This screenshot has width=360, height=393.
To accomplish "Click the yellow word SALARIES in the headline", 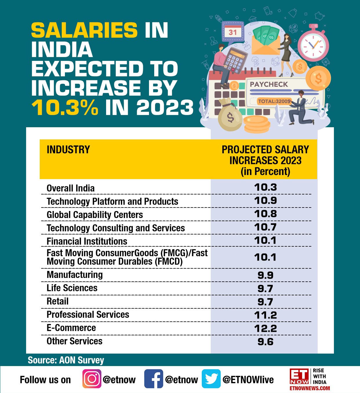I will pyautogui.click(x=84, y=30).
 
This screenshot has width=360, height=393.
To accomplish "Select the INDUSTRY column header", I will pyautogui.click(x=68, y=150).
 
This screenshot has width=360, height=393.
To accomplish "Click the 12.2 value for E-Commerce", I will pyautogui.click(x=265, y=328).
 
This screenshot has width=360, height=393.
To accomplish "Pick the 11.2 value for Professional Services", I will pyautogui.click(x=265, y=315).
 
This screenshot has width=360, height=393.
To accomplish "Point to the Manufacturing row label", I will pyautogui.click(x=75, y=275).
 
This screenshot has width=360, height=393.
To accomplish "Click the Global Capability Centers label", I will pyautogui.click(x=95, y=215).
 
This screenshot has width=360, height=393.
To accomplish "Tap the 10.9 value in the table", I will pyautogui.click(x=265, y=201).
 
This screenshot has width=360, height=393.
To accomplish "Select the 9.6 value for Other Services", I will pyautogui.click(x=265, y=342).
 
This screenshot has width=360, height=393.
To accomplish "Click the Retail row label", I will pyautogui.click(x=58, y=301).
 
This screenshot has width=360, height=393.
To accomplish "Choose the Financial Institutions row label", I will pyautogui.click(x=87, y=241).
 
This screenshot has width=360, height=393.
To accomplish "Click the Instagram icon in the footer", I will pyautogui.click(x=92, y=379).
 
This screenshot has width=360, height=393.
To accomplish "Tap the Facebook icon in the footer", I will pyautogui.click(x=153, y=379).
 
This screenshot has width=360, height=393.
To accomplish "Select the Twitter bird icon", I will pyautogui.click(x=211, y=379).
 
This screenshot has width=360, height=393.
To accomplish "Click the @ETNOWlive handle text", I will pyautogui.click(x=248, y=380).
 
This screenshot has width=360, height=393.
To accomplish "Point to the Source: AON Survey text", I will pyautogui.click(x=66, y=360).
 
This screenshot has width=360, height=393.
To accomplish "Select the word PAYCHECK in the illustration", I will pyautogui.click(x=269, y=84).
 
